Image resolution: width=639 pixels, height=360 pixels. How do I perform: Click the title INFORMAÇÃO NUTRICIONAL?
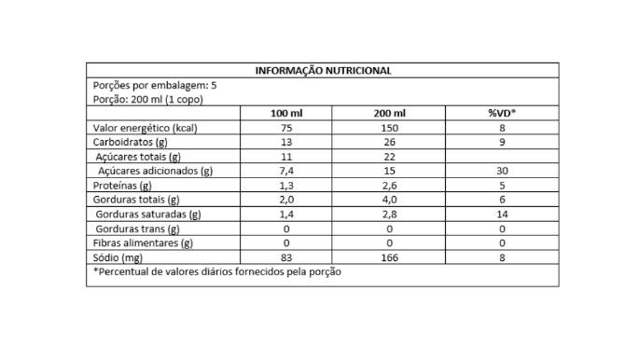(x=323, y=70)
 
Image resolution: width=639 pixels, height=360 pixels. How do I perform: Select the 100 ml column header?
(x=285, y=113)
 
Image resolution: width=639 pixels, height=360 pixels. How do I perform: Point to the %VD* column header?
(x=503, y=113)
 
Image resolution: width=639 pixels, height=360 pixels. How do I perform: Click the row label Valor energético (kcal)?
(x=145, y=128)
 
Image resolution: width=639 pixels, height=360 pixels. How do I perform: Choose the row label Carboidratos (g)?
(x=131, y=142)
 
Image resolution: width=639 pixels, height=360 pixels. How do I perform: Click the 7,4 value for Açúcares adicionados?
(x=285, y=171)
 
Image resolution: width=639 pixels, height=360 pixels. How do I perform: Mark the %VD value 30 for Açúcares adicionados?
(x=503, y=171)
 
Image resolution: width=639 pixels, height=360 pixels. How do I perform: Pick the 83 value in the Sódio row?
(x=285, y=256)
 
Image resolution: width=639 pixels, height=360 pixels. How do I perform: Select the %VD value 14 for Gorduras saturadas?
(x=503, y=214)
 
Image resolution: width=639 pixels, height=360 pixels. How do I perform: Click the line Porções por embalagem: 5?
(x=156, y=85)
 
